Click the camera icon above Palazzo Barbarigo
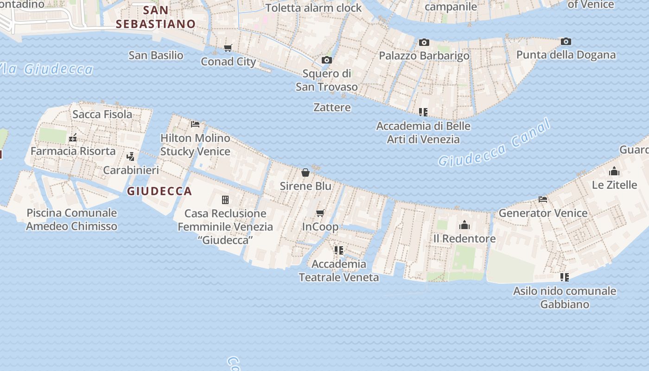(x=424, y=43)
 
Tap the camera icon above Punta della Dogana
(x=566, y=42)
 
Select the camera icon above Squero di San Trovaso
(x=326, y=60)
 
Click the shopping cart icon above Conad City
(x=228, y=48)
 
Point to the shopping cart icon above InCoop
(x=320, y=213)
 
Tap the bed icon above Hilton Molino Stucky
(x=195, y=124)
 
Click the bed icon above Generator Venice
(x=543, y=199)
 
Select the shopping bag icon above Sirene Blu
(x=305, y=173)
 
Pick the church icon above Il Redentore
(x=464, y=225)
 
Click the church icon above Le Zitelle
(x=614, y=171)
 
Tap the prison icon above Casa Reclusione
(x=225, y=200)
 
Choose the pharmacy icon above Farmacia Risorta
(x=73, y=137)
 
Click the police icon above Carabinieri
(x=131, y=156)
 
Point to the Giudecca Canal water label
(x=495, y=143)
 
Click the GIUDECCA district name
(x=159, y=191)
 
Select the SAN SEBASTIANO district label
(x=156, y=17)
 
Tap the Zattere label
(x=332, y=108)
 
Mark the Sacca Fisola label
(x=102, y=114)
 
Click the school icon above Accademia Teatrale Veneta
(x=339, y=250)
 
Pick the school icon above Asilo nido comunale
(x=564, y=277)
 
